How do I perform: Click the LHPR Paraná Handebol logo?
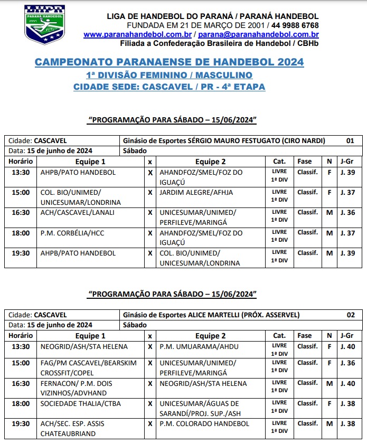coord(44,24)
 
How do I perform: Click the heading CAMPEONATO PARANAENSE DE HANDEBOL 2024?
coord(169,62)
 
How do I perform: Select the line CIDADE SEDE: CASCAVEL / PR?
coord(169,87)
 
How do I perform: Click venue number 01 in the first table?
coord(350,141)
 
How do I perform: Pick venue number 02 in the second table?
coord(350,315)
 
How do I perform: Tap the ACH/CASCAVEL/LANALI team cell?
coord(77,212)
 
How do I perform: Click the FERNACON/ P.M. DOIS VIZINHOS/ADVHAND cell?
coord(77,388)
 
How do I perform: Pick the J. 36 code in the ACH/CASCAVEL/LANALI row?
coord(346,212)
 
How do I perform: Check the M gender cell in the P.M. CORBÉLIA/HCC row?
coord(329,233)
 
